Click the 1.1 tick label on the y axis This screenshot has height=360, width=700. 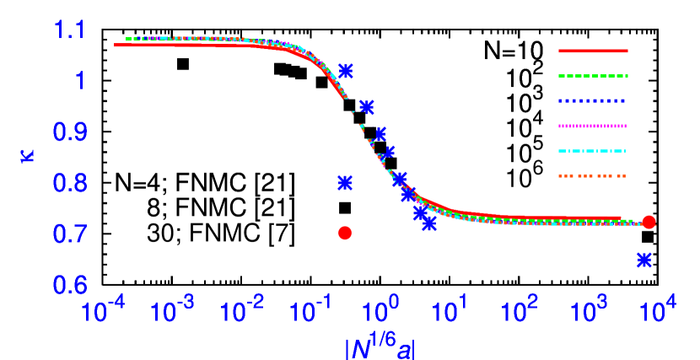pyautogui.click(x=69, y=31)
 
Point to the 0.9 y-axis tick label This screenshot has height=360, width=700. pyautogui.click(x=69, y=132)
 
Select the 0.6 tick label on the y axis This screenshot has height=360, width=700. pyautogui.click(x=69, y=285)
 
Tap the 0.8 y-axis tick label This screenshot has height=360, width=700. pyautogui.click(x=69, y=183)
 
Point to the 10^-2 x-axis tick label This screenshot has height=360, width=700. pyautogui.click(x=241, y=312)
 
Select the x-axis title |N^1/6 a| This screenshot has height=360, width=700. pyautogui.click(x=380, y=346)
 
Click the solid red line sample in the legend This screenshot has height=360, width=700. pyautogui.click(x=593, y=51)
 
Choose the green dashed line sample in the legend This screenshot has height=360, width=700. pyautogui.click(x=593, y=76)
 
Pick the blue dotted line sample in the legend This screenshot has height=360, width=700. pyautogui.click(x=593, y=100)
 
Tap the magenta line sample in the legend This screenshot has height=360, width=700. pyautogui.click(x=593, y=126)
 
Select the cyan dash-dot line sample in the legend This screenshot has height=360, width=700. pyautogui.click(x=593, y=151)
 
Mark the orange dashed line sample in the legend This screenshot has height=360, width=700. pyautogui.click(x=593, y=175)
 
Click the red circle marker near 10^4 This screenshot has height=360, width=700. pyautogui.click(x=649, y=223)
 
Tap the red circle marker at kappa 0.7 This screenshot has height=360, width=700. pyautogui.click(x=345, y=233)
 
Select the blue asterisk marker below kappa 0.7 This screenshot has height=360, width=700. pyautogui.click(x=644, y=261)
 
